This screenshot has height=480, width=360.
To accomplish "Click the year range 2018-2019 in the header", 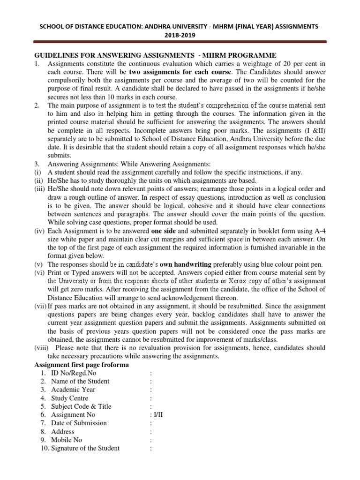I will [180, 35].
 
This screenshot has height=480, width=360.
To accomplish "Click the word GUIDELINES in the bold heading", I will [57, 55].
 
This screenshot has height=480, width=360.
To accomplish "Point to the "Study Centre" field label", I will [70, 398].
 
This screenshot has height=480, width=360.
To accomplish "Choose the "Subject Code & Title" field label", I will [81, 406].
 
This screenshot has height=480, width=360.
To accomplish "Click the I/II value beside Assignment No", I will [154, 415].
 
